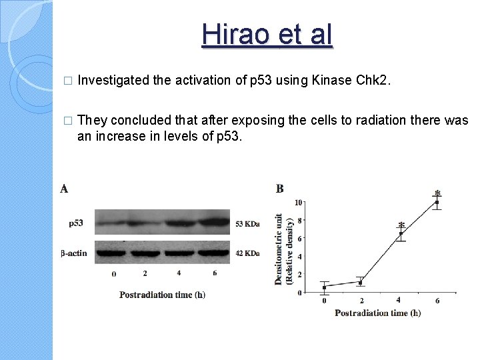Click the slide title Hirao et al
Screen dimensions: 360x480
(x=267, y=34)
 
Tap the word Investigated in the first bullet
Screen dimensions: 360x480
(x=113, y=81)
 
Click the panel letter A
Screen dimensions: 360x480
(x=64, y=189)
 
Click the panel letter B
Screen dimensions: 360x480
(x=280, y=189)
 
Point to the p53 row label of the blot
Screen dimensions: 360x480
(x=76, y=223)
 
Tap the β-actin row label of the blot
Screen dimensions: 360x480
(x=74, y=253)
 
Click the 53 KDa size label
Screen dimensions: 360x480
(x=247, y=224)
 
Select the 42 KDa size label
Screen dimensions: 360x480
(x=247, y=253)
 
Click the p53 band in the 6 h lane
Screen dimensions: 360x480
(x=214, y=221)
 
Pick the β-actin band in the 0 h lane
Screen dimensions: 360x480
(x=112, y=253)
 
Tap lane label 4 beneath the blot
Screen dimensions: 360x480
(x=179, y=273)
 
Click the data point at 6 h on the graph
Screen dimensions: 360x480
(x=437, y=203)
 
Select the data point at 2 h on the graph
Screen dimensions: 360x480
(x=360, y=283)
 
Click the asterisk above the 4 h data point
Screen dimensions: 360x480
(x=401, y=225)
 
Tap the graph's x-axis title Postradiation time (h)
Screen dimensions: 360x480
(x=377, y=313)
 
